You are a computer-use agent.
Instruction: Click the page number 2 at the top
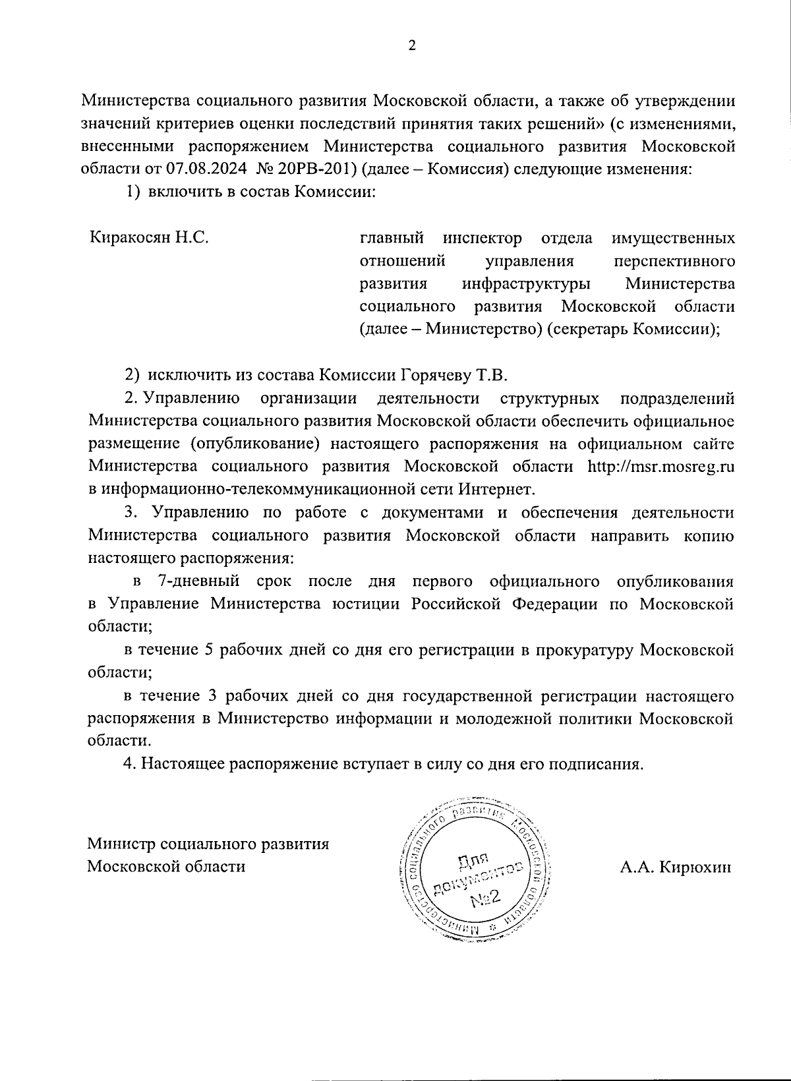click(x=412, y=45)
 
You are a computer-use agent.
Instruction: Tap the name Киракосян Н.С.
click(x=150, y=237)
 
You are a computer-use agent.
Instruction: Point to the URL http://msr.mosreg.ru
click(x=660, y=467)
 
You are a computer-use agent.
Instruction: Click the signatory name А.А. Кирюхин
click(x=675, y=868)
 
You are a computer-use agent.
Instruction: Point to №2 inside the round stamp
click(x=486, y=898)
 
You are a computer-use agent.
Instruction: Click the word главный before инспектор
click(x=392, y=237)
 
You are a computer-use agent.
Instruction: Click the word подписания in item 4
click(x=594, y=765)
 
